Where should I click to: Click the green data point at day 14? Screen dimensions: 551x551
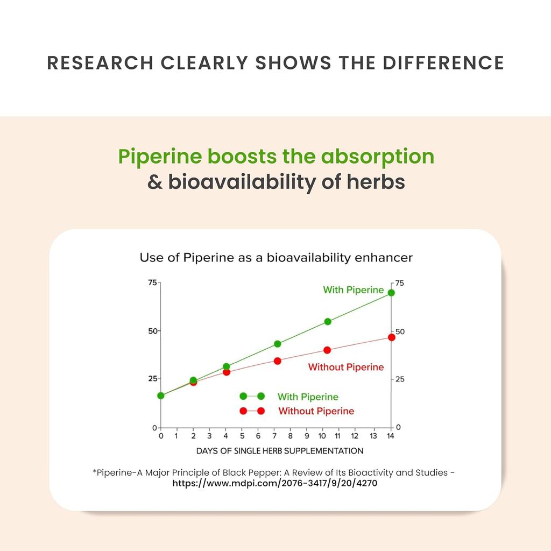coord(391,293)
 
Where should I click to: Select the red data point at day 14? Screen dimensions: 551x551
coord(392,337)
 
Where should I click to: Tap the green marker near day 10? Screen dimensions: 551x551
coord(328,322)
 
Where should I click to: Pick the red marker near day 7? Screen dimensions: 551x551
coord(277,361)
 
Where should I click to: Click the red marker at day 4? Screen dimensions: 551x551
coord(227,372)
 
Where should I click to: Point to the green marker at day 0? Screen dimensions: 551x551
coord(161,395)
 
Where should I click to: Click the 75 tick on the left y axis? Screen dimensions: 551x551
coord(152,282)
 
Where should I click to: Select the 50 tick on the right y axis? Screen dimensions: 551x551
coord(400,331)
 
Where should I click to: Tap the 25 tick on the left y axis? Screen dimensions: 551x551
coord(152,378)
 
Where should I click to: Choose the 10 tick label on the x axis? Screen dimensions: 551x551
coord(322,436)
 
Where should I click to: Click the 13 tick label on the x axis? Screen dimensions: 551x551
coord(373,436)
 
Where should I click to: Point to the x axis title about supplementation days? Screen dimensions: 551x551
coord(280,451)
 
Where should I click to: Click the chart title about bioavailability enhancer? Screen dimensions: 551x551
coord(276,258)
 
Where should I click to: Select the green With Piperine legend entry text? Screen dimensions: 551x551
coord(308,397)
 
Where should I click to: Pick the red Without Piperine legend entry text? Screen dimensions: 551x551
coord(316,411)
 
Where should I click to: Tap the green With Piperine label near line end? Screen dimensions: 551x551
coord(353,290)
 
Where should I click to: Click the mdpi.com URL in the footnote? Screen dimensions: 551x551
coord(275,483)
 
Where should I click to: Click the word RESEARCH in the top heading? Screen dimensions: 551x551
coord(100,63)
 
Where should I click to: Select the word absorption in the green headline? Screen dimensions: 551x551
coord(377,157)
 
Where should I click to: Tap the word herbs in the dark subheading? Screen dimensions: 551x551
coord(376,182)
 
